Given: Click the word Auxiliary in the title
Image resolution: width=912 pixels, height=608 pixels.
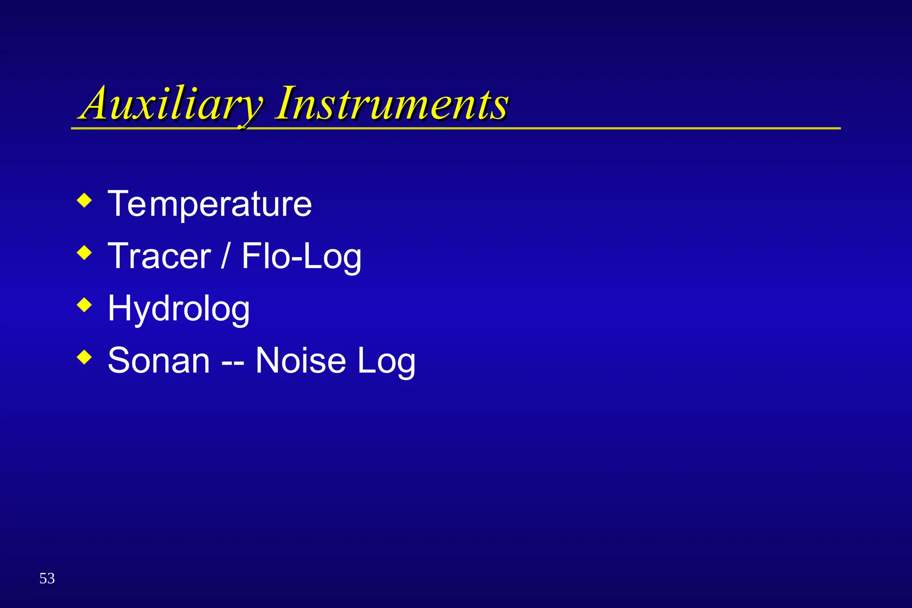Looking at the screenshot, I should click(171, 105).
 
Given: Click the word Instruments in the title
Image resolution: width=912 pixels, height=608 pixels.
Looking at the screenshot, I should click(392, 105).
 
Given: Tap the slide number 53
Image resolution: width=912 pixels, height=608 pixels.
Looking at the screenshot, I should click(47, 579).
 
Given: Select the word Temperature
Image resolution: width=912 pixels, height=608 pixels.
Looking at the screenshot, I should click(210, 204).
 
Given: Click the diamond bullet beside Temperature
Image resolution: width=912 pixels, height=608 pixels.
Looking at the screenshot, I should click(84, 200).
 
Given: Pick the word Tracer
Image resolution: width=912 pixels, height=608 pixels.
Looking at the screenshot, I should click(159, 257).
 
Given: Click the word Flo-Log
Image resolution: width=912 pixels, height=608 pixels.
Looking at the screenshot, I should click(301, 257).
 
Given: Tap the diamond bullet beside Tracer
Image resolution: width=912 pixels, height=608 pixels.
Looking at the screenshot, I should click(84, 253).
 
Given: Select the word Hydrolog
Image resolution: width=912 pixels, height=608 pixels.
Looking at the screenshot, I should click(179, 309).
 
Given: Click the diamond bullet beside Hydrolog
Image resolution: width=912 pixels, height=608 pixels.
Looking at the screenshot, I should click(84, 305).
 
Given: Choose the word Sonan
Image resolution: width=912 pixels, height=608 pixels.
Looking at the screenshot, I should click(159, 361).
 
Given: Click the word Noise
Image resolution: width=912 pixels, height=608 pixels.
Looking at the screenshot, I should click(301, 361).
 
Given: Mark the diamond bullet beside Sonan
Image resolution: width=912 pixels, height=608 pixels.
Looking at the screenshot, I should click(84, 357).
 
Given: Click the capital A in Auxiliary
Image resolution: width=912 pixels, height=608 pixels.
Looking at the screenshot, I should click(96, 105).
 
